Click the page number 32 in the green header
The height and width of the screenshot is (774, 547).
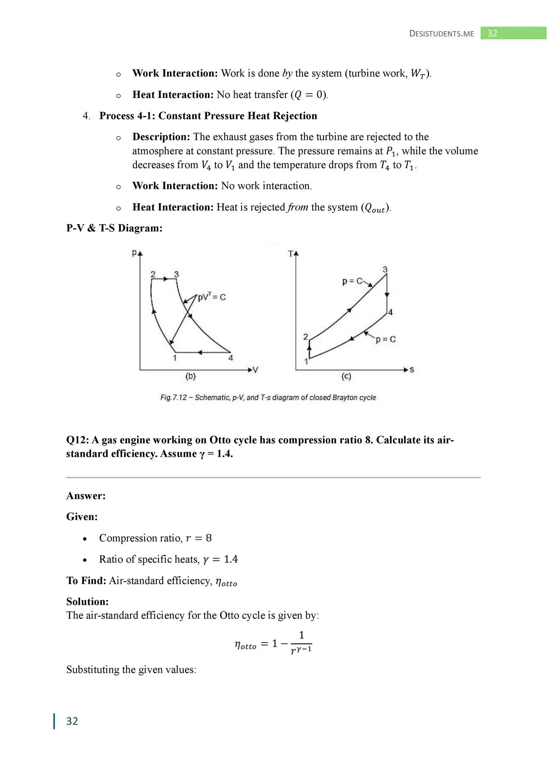pos(492,33)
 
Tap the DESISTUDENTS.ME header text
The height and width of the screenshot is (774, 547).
pos(441,34)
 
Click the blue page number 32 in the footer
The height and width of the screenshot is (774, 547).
pos(72,721)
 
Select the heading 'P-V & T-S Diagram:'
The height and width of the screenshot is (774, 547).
pos(114,228)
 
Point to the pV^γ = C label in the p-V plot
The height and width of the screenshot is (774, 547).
pos(211,297)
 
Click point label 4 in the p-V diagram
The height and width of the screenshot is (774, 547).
pos(230,358)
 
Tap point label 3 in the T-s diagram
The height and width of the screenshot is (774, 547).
pos(385,269)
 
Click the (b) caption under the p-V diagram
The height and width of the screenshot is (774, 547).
pos(191,376)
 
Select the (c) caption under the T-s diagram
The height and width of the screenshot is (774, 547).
pos(346,376)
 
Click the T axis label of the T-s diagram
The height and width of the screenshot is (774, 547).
pos(291,254)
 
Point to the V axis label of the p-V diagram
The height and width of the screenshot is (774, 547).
pos(255,370)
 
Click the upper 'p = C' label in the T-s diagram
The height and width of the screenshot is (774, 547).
pos(352,281)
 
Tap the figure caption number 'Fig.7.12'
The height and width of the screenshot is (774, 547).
pos(174,397)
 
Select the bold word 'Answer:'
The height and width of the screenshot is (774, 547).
pos(86,496)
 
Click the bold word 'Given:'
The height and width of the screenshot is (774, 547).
pos(82,517)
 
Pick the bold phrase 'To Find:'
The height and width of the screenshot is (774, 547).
pos(86,580)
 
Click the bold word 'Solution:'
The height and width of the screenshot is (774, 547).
pos(87,601)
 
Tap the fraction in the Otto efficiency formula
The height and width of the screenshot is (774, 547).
pos(301,643)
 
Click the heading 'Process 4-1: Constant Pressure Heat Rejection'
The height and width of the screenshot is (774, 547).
pos(208,116)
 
